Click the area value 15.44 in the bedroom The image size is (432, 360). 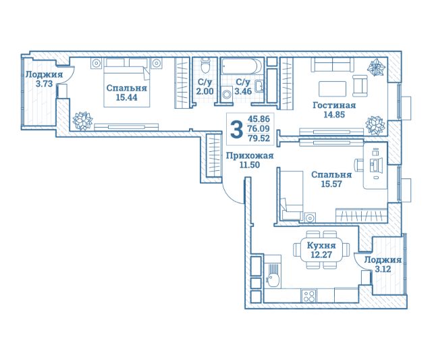pos(126,97)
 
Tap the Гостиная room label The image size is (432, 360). pos(334,105)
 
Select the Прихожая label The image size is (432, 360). pos(250,156)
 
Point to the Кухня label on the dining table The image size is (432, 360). pos(321,245)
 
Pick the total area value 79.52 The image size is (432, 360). pos(259,138)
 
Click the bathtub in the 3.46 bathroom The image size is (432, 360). pos(242,66)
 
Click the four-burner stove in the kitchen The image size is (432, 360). pos(309,296)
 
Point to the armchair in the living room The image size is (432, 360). pos(360,86)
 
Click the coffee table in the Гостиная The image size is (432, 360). pos(332,88)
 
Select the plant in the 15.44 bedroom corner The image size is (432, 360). pos(82,122)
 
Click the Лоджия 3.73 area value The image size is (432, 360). pos(44,84)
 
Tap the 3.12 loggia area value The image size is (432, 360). pos(383,269)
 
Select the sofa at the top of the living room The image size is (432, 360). pos(333,65)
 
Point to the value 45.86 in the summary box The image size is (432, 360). pos(259,119)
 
